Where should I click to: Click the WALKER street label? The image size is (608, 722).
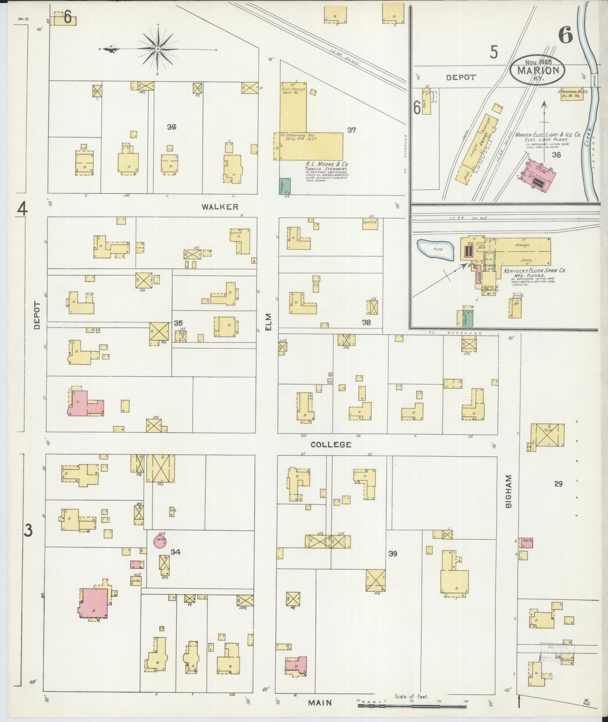click(x=220, y=206)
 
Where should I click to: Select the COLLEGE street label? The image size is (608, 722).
click(x=331, y=444)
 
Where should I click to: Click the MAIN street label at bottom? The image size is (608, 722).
click(x=320, y=703)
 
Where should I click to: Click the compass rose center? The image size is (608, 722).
click(x=158, y=49)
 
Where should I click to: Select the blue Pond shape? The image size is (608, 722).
click(x=436, y=250)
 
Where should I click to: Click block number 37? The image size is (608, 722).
click(x=352, y=130)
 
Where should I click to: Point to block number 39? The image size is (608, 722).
click(x=393, y=554)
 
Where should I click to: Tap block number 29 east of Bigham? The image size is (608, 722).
click(x=558, y=484)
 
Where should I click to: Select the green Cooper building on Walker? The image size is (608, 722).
click(x=285, y=186)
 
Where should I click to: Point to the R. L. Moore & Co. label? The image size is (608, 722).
click(x=327, y=164)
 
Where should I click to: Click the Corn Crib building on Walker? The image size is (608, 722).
click(x=370, y=224)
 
